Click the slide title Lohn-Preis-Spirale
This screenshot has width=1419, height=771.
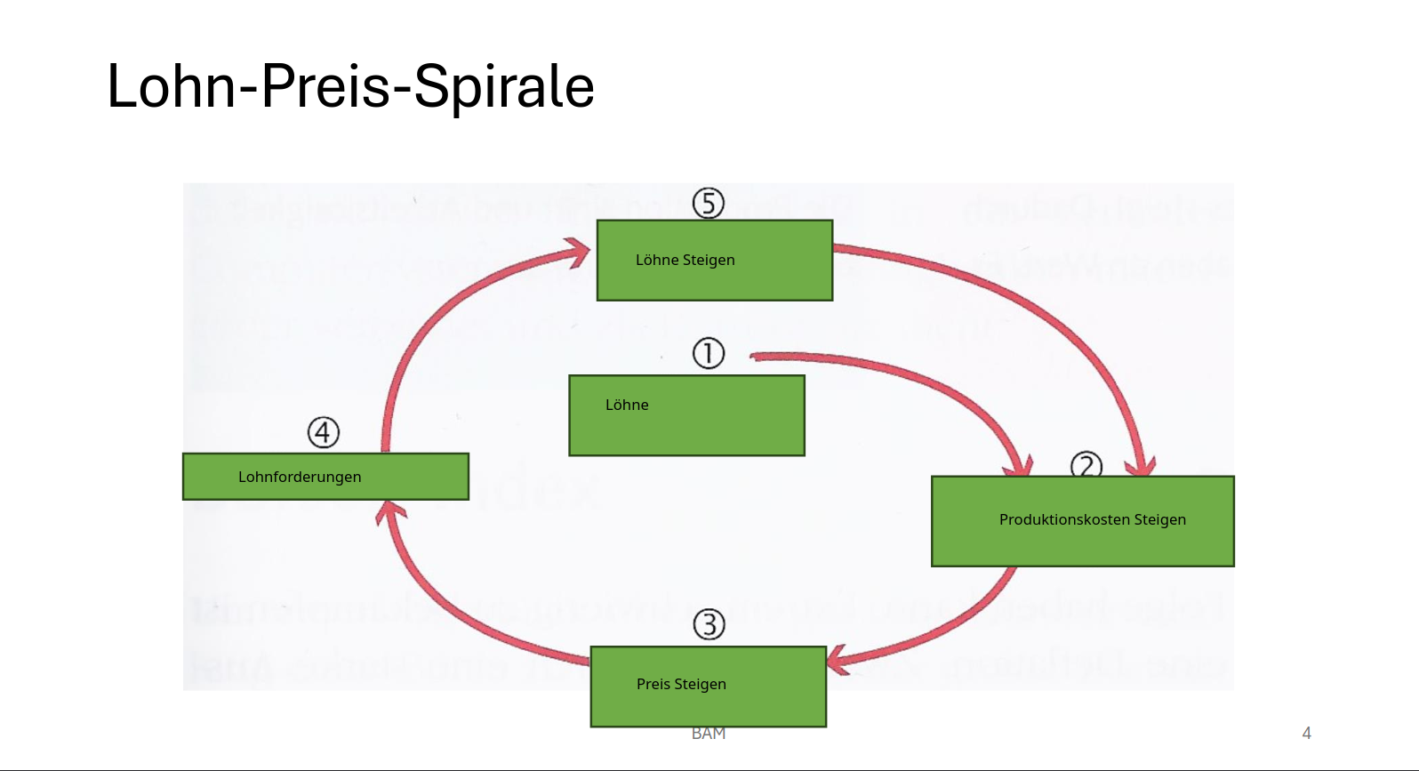pos(350,86)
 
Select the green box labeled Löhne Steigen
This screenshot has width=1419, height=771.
pos(714,261)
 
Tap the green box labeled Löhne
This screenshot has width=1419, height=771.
pos(686,415)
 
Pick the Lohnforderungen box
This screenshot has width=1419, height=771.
pos(325,477)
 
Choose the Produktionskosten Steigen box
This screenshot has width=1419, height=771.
pos(1082,521)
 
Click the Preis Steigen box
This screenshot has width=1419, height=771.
pos(708,686)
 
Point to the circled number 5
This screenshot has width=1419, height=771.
pos(709,203)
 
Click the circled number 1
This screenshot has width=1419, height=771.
pos(709,353)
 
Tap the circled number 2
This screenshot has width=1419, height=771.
pos(1086,465)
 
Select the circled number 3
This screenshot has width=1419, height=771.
pos(709,624)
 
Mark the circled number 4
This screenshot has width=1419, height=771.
pos(324,432)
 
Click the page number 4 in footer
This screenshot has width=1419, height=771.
pos(1306,733)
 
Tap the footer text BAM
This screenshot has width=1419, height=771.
pos(709,734)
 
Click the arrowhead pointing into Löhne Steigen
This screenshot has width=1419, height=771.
pos(579,253)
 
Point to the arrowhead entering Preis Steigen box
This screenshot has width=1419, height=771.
pos(837,661)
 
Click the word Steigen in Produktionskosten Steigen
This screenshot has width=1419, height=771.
pos(1159,519)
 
